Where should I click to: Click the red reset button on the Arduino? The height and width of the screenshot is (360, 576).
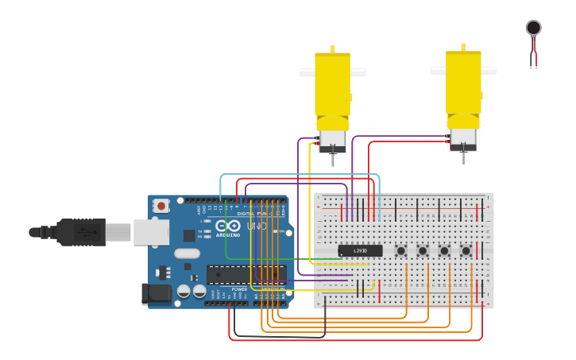(161, 206)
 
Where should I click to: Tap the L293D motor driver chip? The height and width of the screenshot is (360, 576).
(360, 250)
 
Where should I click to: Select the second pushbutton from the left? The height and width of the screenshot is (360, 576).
(423, 250)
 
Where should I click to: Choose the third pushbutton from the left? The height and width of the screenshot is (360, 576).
(444, 250)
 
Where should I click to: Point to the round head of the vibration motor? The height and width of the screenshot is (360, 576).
(533, 28)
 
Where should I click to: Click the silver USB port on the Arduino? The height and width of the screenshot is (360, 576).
(151, 231)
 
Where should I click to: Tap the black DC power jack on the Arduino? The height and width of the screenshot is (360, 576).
(157, 293)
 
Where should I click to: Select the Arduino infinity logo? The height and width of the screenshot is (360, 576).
(228, 226)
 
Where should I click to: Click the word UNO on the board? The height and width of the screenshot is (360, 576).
(257, 226)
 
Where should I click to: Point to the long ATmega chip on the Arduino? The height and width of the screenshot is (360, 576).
(245, 274)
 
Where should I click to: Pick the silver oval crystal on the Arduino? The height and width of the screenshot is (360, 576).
(187, 254)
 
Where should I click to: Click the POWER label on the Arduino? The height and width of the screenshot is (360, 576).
(238, 289)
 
